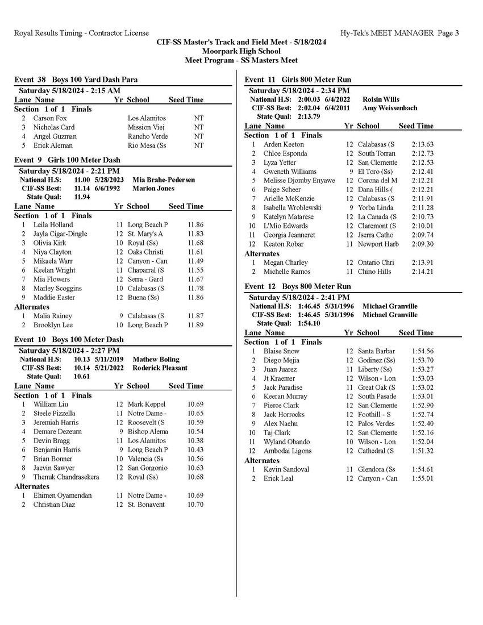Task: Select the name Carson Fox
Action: (50, 118)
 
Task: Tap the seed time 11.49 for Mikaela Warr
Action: (195, 261)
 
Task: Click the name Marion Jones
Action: (153, 189)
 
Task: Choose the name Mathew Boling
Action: (156, 360)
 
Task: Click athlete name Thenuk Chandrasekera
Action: (66, 477)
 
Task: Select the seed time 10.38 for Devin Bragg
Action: (195, 441)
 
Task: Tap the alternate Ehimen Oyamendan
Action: (62, 495)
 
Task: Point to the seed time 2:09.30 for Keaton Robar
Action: (422, 244)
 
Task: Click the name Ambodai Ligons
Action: (288, 451)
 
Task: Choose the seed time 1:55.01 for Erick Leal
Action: (422, 478)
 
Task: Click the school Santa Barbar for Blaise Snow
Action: (376, 351)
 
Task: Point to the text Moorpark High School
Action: (241, 51)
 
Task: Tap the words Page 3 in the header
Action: (449, 33)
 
